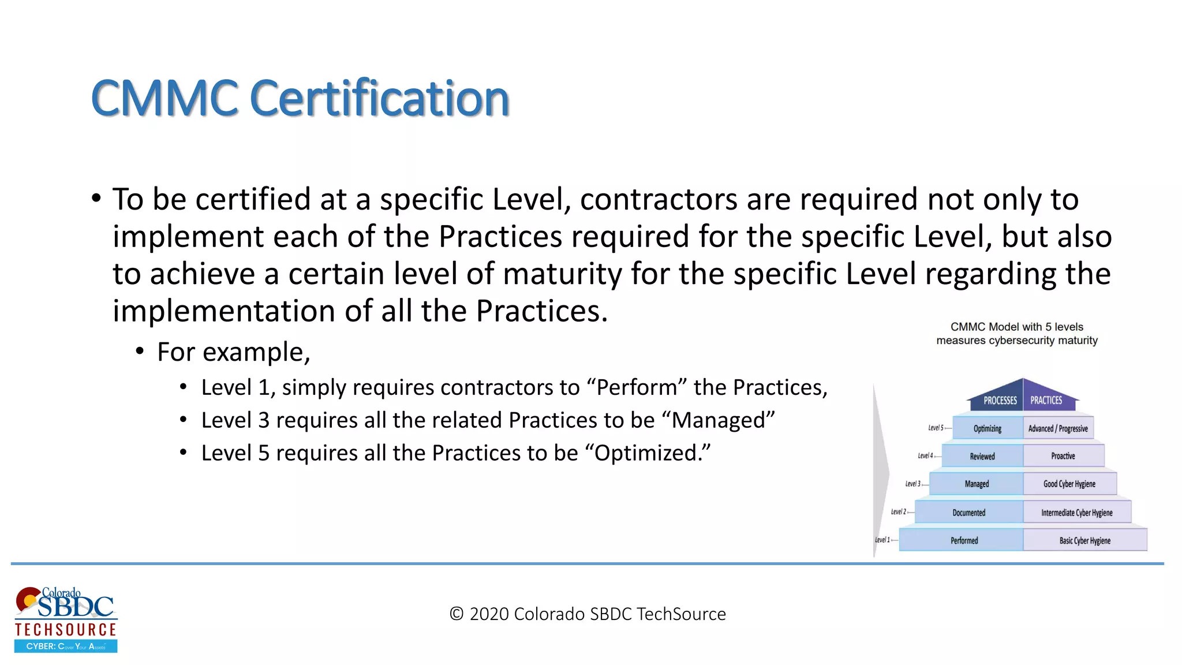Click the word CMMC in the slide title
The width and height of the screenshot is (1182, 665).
[164, 98]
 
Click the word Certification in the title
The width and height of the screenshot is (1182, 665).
[380, 98]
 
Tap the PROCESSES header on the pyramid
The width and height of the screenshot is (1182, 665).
[1000, 400]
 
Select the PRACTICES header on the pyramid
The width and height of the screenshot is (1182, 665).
[1046, 400]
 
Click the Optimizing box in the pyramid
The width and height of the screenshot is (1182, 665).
[988, 428]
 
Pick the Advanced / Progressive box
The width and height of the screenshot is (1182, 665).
[1058, 428]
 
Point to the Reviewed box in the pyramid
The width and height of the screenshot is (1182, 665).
[982, 456]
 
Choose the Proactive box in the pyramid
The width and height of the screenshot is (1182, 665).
[1063, 456]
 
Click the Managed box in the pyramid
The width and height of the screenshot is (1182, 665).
[977, 484]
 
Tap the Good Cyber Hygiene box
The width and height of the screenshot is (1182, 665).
[1069, 484]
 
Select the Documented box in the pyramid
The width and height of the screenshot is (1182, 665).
[969, 513]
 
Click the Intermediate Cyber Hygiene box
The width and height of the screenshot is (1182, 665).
[1076, 513]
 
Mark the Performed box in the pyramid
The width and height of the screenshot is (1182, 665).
[964, 540]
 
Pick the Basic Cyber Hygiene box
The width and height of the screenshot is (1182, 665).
[1084, 540]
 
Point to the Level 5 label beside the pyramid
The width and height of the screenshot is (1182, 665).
[936, 428]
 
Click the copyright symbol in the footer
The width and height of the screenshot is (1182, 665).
[457, 614]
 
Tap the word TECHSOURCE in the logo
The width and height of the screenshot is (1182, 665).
[66, 629]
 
